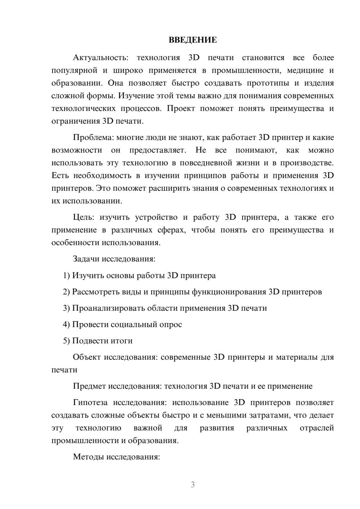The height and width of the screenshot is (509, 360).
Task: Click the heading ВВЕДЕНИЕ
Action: [x=193, y=40]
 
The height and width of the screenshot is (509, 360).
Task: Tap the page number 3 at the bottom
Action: [x=193, y=485]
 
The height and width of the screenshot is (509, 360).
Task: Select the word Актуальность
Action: [x=100, y=58]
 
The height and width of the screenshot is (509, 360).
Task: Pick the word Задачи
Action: [x=86, y=259]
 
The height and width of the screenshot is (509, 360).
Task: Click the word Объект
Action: [x=86, y=357]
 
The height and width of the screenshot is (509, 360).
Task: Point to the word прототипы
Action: [x=268, y=83]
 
